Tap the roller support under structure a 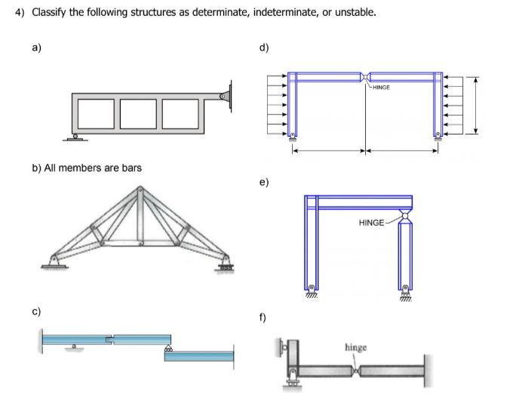point(72,137)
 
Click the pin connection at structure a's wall point(223,98)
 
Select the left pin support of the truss point(52,261)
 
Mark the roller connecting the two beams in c point(168,348)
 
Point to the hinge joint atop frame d point(365,76)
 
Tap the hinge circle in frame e point(406,216)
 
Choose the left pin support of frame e point(312,290)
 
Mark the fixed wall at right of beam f point(428,370)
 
